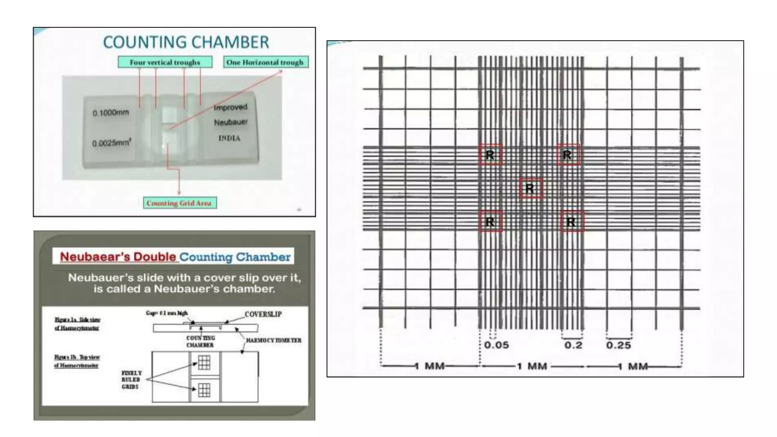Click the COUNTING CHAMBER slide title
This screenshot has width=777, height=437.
186,42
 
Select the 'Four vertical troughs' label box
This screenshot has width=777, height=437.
165,62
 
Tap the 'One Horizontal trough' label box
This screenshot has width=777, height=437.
265,62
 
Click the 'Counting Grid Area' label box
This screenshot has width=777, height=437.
179,203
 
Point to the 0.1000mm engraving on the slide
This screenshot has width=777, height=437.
111,113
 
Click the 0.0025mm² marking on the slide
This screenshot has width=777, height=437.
111,143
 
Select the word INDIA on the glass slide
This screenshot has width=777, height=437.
229,138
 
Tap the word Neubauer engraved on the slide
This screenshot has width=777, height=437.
231,122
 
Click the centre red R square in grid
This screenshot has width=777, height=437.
530,189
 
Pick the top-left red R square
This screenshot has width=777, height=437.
490,155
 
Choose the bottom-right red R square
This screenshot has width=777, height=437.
571,222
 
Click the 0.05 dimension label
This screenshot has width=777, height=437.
496,345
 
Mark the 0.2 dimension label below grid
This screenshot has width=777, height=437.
573,345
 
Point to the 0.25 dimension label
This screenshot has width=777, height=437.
618,345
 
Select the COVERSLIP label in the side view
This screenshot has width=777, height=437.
263,314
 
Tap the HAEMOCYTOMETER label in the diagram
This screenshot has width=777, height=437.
274,340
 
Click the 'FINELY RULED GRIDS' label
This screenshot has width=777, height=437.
131,380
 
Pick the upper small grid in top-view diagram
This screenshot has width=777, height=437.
204,363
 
